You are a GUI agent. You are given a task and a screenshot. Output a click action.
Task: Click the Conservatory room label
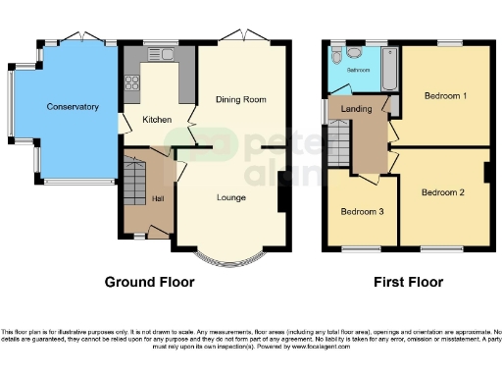(73, 107)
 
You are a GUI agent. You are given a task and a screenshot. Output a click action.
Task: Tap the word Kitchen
(157, 120)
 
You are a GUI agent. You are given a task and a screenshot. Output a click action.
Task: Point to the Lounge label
(231, 197)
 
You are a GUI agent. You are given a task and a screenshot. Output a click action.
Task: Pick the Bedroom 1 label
(444, 96)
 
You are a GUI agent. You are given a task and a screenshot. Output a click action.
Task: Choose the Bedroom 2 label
(442, 192)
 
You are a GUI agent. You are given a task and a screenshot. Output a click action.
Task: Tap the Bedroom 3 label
(362, 212)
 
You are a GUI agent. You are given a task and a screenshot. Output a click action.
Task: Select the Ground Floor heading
(149, 282)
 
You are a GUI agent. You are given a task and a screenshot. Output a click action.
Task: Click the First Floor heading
(408, 282)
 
